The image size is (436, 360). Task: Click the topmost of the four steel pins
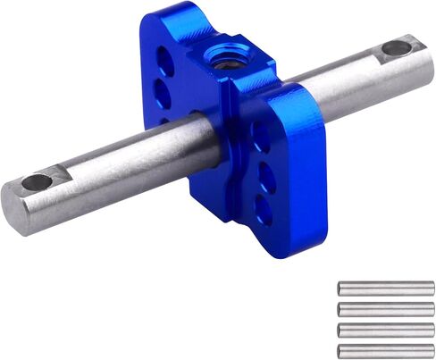tap(386, 289)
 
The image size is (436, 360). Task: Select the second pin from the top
tap(386, 309)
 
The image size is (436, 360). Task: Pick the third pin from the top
tap(386, 331)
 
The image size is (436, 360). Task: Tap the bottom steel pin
tap(386, 350)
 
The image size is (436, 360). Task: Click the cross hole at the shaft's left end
tap(37, 182)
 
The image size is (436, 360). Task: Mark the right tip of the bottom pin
tap(432, 350)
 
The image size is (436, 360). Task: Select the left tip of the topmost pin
tap(340, 289)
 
